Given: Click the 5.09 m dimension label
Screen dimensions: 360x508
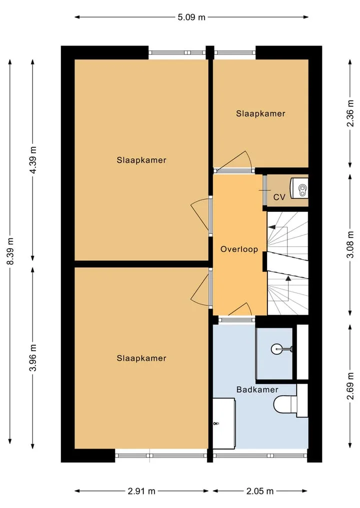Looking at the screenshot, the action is [191, 17].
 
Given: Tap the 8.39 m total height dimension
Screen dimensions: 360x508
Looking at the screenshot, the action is [10, 251].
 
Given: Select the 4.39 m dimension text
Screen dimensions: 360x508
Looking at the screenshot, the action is [33, 160].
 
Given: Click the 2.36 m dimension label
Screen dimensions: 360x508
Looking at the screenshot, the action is [350, 113].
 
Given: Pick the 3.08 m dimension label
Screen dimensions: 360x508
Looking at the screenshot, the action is [350, 245].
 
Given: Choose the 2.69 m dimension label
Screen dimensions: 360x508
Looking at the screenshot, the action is [350, 386].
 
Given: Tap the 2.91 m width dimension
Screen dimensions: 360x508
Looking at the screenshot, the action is [141, 491].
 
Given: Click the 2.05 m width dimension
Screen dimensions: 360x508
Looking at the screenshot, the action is [260, 491].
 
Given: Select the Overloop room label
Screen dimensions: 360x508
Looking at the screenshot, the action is [239, 249].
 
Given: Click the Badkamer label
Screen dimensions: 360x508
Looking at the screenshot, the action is [257, 390].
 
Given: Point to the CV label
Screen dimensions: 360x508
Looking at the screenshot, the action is [279, 197].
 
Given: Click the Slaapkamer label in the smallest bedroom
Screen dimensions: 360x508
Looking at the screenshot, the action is [260, 114].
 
